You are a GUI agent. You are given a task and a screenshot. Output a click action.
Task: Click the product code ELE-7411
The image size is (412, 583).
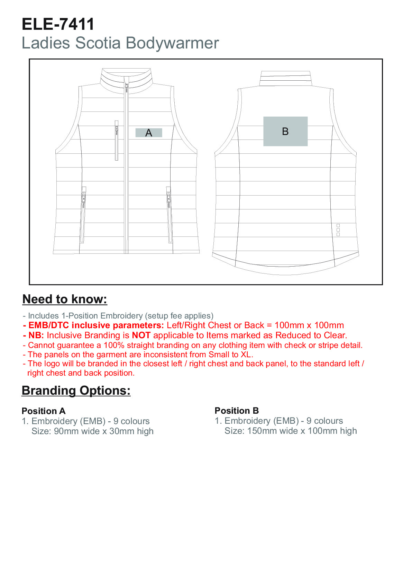[58, 24]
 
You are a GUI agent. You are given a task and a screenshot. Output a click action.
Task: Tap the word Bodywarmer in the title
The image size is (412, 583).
[172, 43]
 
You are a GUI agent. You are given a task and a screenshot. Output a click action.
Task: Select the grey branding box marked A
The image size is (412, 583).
[149, 133]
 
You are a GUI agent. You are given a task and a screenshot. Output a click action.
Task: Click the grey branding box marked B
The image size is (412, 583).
[285, 131]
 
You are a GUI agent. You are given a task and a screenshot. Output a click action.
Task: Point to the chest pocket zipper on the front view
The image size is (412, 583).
[117, 140]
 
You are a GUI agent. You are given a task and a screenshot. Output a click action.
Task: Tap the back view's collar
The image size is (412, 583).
[285, 78]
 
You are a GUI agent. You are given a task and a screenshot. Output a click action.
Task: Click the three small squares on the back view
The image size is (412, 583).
[338, 230]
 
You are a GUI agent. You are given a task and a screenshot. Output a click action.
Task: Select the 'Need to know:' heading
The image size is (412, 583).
[65, 299]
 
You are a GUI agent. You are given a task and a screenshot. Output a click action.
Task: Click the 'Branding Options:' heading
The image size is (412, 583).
[76, 391]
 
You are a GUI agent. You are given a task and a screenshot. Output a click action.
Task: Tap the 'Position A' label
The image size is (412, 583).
[44, 411]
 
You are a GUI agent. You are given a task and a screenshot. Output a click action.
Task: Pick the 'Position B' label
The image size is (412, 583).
[237, 411]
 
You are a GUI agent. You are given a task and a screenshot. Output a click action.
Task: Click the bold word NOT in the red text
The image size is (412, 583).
[141, 335]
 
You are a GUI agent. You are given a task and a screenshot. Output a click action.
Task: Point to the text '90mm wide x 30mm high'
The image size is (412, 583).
[104, 431]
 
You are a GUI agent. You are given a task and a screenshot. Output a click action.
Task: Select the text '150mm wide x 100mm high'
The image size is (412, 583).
[302, 431]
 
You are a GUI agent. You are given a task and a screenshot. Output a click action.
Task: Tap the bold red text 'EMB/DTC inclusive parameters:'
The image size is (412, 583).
[96, 325]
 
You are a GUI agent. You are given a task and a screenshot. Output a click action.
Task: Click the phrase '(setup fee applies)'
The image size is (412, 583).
[179, 316]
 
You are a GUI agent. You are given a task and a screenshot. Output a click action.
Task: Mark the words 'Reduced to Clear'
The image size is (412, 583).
[310, 335]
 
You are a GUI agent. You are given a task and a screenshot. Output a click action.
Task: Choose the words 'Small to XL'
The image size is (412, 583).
[230, 355]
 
